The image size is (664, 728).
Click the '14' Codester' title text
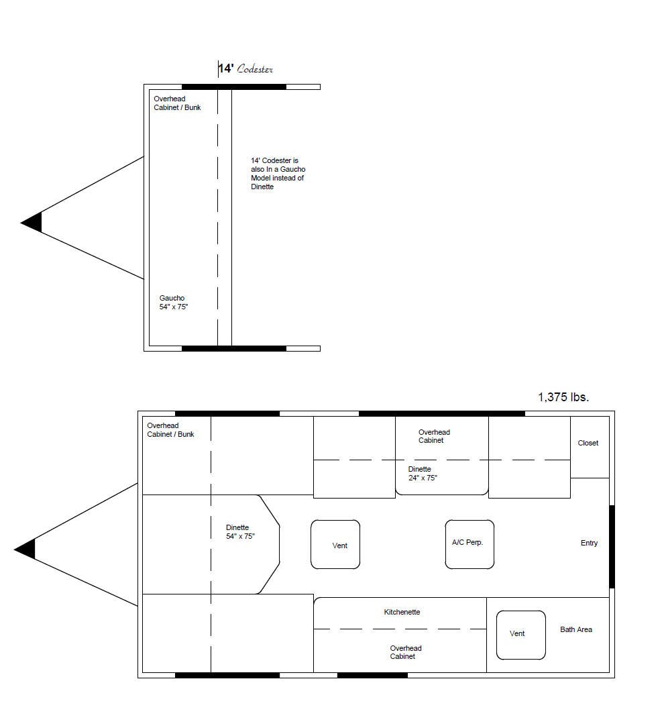click(245, 68)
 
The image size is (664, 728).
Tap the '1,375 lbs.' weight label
click(563, 397)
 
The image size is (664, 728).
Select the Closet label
click(588, 443)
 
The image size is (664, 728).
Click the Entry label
click(589, 543)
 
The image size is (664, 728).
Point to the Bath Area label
click(576, 629)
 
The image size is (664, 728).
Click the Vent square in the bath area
click(520, 635)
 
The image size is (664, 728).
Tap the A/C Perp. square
click(469, 544)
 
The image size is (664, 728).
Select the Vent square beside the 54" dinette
click(335, 544)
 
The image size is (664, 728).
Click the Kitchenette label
click(402, 612)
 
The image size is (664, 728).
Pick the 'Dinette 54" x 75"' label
click(240, 531)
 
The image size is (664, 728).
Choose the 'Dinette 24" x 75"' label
click(423, 473)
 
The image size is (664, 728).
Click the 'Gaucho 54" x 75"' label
click(174, 302)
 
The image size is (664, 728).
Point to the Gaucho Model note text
click(278, 173)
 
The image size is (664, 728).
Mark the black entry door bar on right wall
click(612, 546)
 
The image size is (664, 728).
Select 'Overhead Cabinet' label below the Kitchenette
click(406, 652)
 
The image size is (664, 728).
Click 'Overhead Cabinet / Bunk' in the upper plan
click(177, 103)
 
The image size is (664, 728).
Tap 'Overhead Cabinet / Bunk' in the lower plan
click(170, 430)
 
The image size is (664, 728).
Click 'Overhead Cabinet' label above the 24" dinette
click(434, 436)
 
